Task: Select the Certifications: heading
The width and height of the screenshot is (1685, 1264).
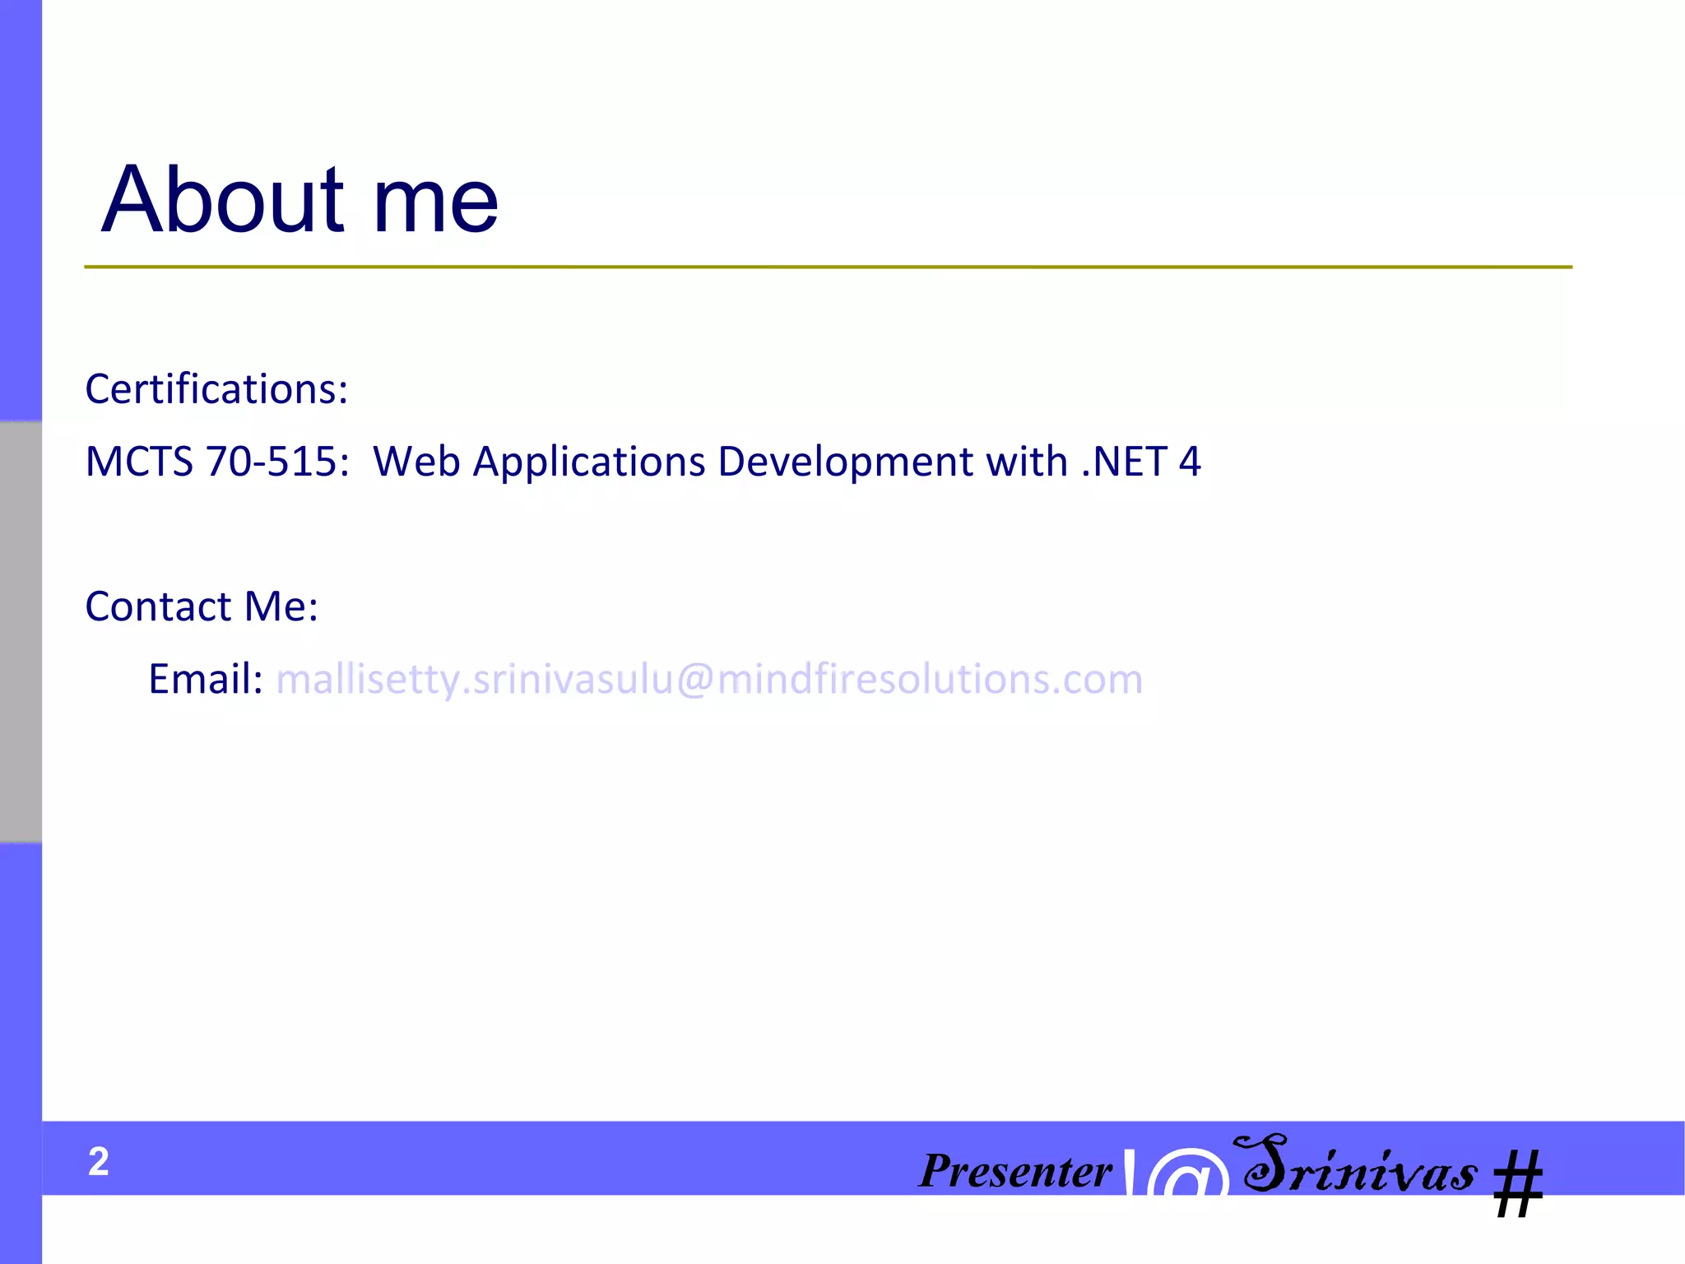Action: pyautogui.click(x=216, y=388)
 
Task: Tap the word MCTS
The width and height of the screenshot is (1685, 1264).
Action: pyautogui.click(x=139, y=462)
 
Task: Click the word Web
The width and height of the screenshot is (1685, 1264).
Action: pyautogui.click(x=416, y=462)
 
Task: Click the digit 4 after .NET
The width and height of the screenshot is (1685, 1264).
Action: pyautogui.click(x=1190, y=462)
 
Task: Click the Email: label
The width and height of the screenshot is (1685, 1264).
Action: pyautogui.click(x=206, y=680)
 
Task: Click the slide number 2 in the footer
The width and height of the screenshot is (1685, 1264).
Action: pyautogui.click(x=99, y=1161)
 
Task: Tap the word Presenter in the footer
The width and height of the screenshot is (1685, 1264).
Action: pyautogui.click(x=1015, y=1170)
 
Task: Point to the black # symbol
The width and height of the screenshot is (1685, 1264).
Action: pyautogui.click(x=1518, y=1183)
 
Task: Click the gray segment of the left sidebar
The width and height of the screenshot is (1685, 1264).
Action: pyautogui.click(x=21, y=632)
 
